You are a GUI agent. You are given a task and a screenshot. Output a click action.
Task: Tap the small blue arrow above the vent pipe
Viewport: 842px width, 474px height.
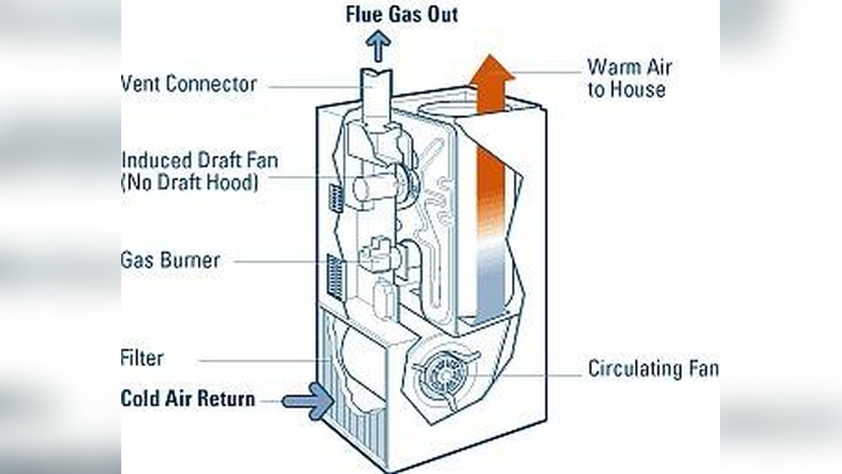(378, 46)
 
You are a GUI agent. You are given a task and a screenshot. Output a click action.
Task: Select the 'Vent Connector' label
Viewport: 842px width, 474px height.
(189, 84)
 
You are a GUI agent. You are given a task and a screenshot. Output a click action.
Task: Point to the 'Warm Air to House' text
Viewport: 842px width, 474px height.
(628, 78)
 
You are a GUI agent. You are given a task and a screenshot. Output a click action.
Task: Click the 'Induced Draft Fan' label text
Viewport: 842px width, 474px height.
(200, 159)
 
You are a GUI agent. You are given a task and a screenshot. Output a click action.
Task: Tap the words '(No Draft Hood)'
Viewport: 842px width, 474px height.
(189, 182)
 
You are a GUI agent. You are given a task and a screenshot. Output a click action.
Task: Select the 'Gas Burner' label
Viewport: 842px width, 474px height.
(171, 260)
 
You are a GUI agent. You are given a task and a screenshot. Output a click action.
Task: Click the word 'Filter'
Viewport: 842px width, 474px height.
(142, 358)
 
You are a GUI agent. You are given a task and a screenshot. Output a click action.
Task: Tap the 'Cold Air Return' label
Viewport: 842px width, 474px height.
(188, 398)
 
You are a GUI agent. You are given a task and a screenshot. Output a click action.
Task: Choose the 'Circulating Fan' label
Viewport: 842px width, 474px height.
(653, 369)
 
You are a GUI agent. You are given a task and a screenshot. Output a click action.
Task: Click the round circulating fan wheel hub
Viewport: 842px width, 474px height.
(444, 370)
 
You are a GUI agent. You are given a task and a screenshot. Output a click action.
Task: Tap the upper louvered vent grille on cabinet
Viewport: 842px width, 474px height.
(335, 199)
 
